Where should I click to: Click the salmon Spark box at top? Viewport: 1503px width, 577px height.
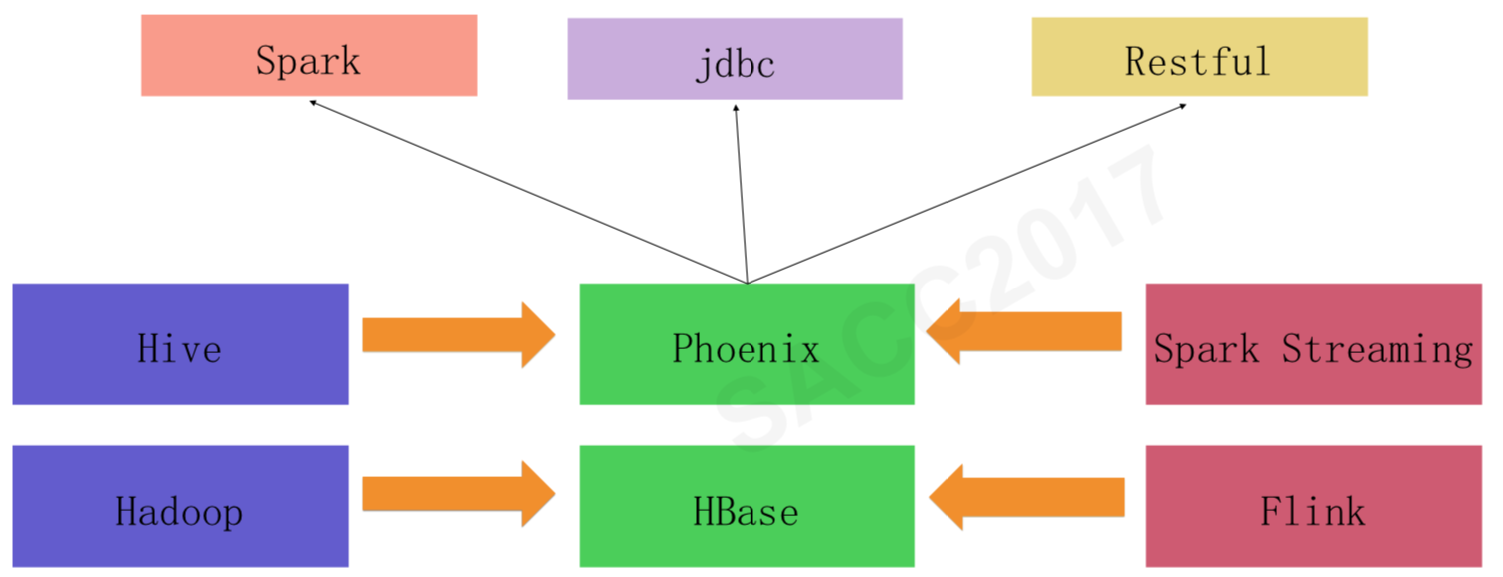point(309,56)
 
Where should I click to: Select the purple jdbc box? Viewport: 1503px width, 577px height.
point(735,59)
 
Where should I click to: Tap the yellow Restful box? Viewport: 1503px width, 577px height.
point(1199,57)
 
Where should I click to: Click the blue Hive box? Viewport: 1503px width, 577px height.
point(180,344)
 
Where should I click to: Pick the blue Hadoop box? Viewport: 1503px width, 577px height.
point(180,506)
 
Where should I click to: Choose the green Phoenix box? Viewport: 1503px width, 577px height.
point(747,344)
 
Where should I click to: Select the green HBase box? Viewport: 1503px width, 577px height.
point(747,506)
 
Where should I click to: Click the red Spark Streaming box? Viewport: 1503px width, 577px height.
point(1313,344)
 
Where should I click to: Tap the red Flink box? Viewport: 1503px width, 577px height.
point(1313,506)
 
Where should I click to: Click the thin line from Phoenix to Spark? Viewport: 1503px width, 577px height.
point(528,192)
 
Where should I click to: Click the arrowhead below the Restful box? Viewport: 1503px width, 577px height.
point(1183,105)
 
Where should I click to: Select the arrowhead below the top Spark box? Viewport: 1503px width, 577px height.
point(313,102)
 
